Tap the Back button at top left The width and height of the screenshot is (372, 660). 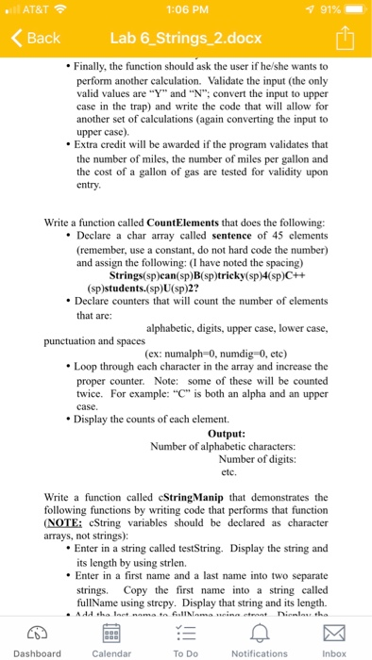36,39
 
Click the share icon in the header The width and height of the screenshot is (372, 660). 345,38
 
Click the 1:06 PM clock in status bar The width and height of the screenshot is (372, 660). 186,10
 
